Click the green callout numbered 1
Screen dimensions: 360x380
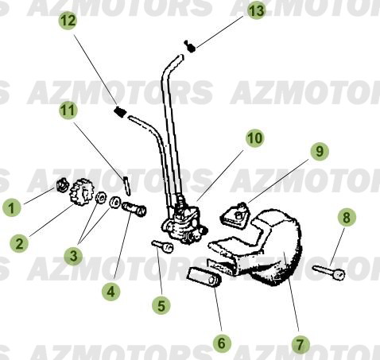tap(11, 209)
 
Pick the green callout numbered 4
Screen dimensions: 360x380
tap(111, 292)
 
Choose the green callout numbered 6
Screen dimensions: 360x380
tap(221, 343)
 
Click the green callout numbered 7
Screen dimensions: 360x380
tap(300, 344)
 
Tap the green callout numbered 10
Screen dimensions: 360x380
tap(254, 138)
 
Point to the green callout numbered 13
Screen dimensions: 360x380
tap(255, 10)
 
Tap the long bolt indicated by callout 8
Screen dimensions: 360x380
tap(328, 271)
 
